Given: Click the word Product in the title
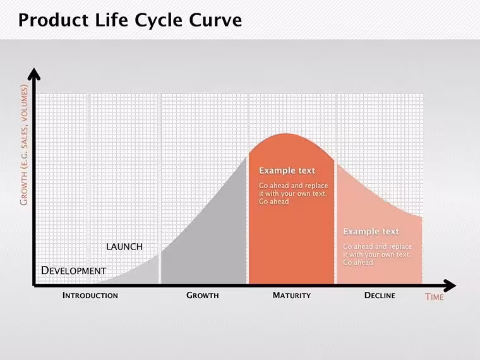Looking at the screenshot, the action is (54, 20).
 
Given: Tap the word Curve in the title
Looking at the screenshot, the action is (215, 20).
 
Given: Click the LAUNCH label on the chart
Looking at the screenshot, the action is (124, 247).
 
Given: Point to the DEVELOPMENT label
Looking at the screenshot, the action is (73, 270).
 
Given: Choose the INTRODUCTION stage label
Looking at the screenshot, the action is (90, 296).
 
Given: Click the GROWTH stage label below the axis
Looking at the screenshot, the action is (202, 296).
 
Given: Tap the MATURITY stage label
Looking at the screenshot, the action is (292, 296).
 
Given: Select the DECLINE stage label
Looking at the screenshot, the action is (380, 296).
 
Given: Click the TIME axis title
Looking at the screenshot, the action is (434, 297).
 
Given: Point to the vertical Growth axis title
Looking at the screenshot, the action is (24, 145).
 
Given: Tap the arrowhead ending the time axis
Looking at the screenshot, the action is (450, 285).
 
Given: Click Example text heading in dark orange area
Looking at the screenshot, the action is (287, 171).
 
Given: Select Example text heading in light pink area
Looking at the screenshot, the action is (371, 231).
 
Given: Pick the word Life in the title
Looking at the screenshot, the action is (111, 20).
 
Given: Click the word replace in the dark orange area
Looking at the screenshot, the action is (316, 186).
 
